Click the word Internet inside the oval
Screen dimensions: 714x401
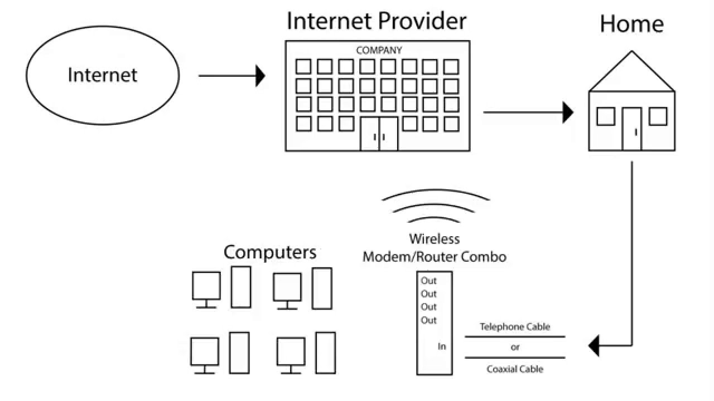point(102,75)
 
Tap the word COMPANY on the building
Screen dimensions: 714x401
point(379,50)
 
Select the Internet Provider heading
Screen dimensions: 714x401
point(377,21)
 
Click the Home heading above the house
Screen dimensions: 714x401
point(632,24)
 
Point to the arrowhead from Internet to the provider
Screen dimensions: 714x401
point(260,76)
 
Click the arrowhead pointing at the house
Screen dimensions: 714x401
point(568,113)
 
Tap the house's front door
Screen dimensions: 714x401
point(632,129)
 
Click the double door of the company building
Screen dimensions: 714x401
point(379,134)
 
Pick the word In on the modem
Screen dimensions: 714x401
point(442,346)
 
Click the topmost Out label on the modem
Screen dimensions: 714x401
point(428,281)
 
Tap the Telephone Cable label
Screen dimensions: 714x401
point(515,327)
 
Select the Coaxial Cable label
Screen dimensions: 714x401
point(515,369)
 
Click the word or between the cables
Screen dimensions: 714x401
point(515,347)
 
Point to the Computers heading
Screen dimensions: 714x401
point(270,253)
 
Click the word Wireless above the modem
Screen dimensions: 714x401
point(435,239)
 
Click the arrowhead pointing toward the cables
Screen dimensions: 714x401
point(594,346)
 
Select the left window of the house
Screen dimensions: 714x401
point(606,116)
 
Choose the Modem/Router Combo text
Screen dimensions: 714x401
point(435,257)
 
